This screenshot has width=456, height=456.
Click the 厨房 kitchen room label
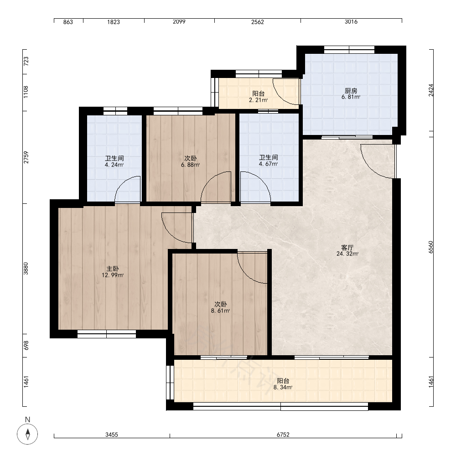click(x=351, y=91)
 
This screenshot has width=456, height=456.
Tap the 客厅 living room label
click(x=347, y=248)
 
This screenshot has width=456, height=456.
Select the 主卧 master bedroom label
click(x=113, y=269)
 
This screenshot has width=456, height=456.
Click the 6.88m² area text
click(x=191, y=165)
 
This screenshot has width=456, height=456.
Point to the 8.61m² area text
click(x=220, y=311)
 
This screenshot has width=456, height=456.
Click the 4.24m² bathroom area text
click(x=114, y=165)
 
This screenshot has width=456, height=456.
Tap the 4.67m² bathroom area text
click(x=269, y=164)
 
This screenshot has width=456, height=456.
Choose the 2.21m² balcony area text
click(x=258, y=100)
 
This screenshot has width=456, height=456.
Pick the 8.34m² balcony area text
click(x=283, y=387)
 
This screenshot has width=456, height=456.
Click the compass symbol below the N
click(x=28, y=434)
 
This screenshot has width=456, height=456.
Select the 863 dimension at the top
click(x=68, y=22)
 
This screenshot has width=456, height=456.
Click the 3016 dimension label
click(x=351, y=22)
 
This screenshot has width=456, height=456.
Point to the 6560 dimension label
click(x=431, y=247)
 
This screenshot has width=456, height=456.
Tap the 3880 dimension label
click(x=26, y=269)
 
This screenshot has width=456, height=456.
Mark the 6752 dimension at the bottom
click(x=283, y=435)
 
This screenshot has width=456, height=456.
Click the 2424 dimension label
click(x=431, y=90)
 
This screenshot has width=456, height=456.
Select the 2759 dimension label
click(x=26, y=157)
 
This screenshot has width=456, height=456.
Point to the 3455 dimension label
click(x=112, y=435)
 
